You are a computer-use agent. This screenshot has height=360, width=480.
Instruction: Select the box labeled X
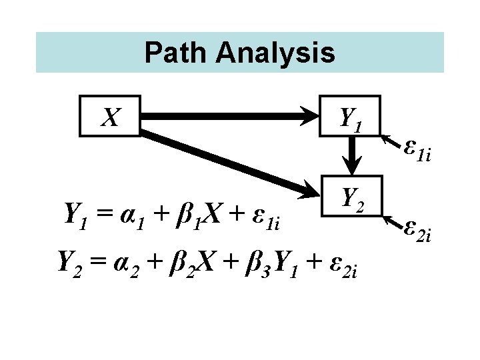110,117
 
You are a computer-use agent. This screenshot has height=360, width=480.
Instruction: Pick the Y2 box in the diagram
352,197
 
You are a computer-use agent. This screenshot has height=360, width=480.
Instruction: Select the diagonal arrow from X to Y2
227,161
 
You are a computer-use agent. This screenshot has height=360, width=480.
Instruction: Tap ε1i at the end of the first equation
265,215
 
